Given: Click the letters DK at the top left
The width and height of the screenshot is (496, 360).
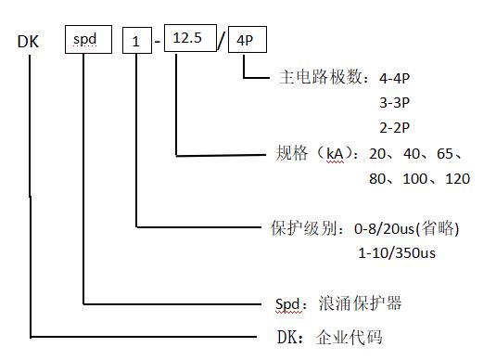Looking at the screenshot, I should tap(28, 41).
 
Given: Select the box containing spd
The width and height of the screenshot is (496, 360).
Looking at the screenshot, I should tap(88, 41).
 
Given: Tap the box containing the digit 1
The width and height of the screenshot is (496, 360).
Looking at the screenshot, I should tap(137, 41).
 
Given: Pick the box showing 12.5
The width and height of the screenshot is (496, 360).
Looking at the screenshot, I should tap(189, 38).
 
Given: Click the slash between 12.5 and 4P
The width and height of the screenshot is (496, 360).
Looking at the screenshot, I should tap(221, 40).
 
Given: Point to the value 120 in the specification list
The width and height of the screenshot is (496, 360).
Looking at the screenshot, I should tap(458, 178).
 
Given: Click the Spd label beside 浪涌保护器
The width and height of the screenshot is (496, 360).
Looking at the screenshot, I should tap(289, 303).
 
